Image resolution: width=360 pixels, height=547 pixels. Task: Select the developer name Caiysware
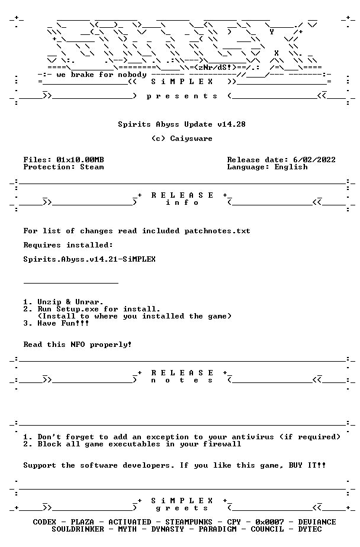pyautogui.click(x=191, y=139)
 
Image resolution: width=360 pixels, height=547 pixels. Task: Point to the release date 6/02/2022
pyautogui.click(x=314, y=160)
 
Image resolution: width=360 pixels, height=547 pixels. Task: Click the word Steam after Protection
pyautogui.click(x=92, y=167)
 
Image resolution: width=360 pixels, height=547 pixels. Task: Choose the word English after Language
pyautogui.click(x=291, y=167)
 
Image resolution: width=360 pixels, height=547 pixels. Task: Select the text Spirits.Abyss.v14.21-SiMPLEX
pyautogui.click(x=89, y=259)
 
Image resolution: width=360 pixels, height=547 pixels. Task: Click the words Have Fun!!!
pyautogui.click(x=63, y=323)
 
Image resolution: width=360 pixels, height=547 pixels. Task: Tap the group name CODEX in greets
pyautogui.click(x=44, y=522)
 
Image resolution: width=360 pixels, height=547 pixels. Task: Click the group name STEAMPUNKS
pyautogui.click(x=188, y=522)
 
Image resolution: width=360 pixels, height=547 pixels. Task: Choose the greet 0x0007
pyautogui.click(x=269, y=522)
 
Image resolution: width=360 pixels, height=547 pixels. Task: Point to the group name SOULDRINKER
pyautogui.click(x=78, y=530)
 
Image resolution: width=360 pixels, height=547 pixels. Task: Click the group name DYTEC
pyautogui.click(x=310, y=530)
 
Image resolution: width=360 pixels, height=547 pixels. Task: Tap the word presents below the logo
pyautogui.click(x=182, y=96)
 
